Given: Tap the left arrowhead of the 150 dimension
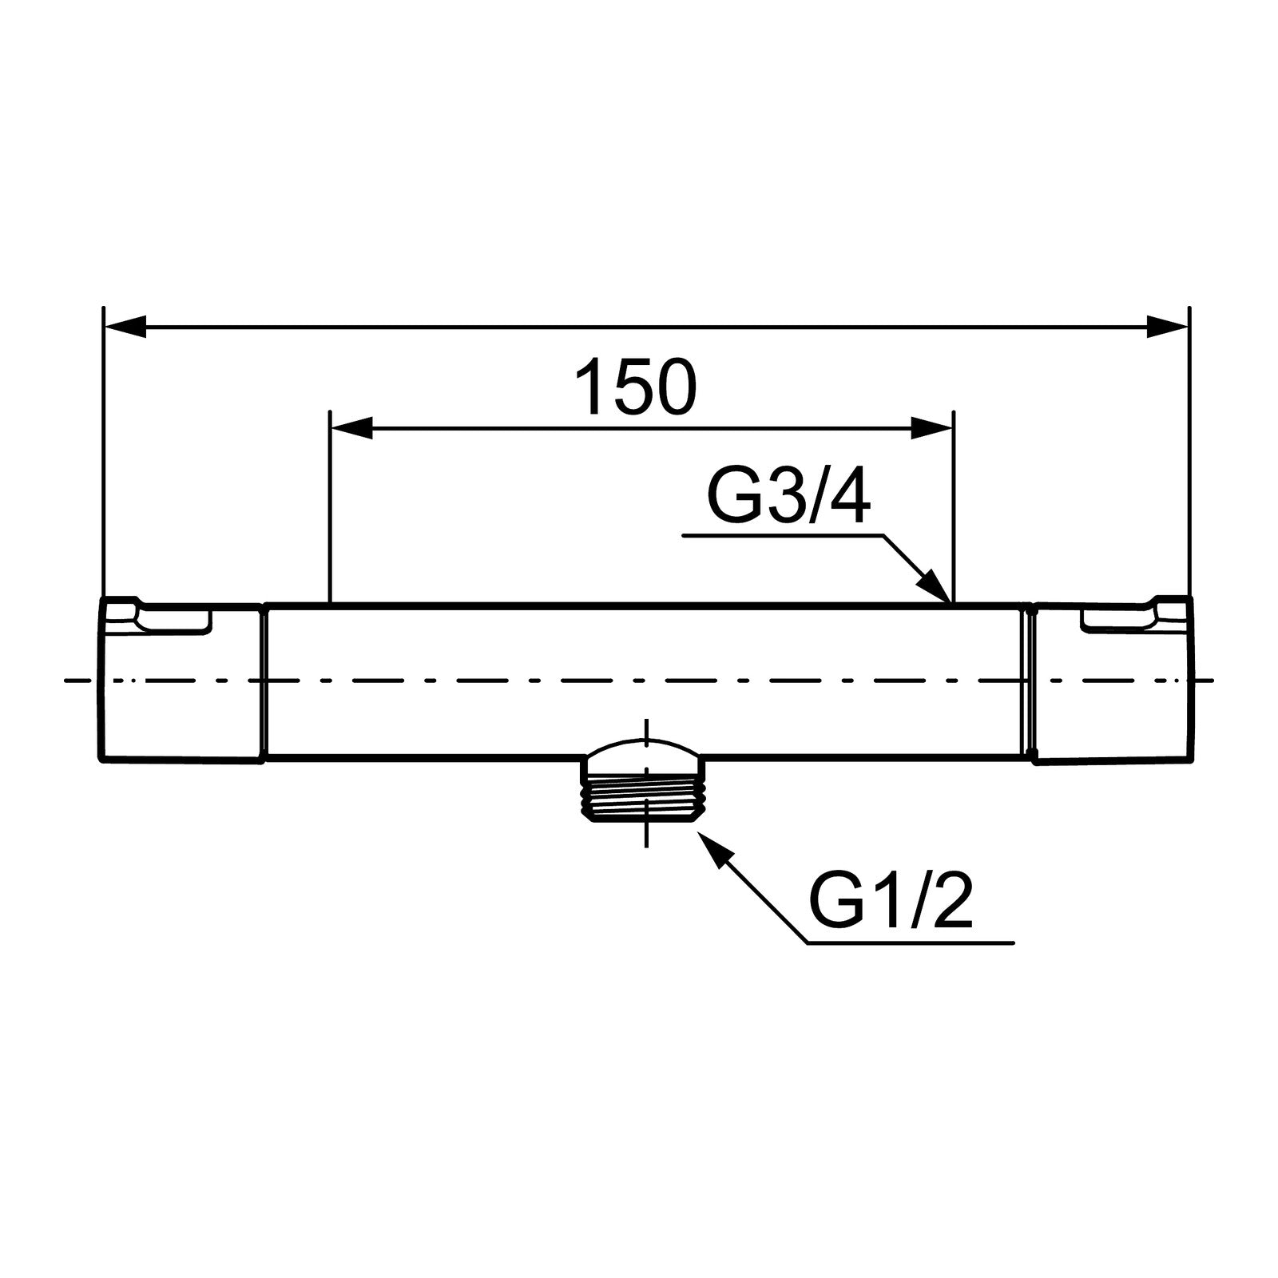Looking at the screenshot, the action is [351, 428].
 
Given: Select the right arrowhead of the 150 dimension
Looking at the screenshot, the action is [933, 428].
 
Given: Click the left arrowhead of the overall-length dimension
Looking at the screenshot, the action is [125, 326].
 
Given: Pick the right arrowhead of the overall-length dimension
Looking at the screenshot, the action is [1168, 326].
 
